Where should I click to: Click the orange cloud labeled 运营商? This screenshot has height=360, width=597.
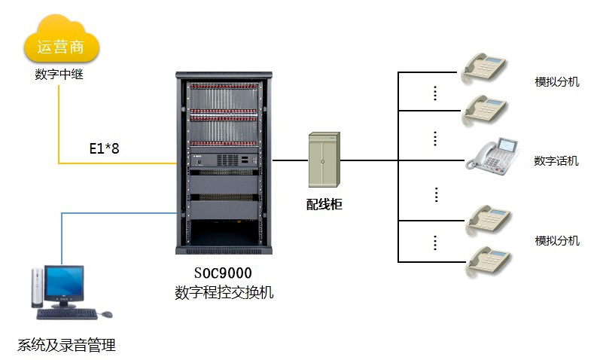click(62, 45)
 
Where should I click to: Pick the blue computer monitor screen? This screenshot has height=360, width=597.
click(64, 285)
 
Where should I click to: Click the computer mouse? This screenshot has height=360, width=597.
click(106, 313)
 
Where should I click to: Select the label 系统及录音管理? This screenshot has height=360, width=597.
click(66, 346)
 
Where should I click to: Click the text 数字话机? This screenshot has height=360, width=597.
click(556, 160)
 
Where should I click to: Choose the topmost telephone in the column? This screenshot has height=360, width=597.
click(486, 66)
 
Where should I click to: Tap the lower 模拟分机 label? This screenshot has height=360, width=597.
click(557, 240)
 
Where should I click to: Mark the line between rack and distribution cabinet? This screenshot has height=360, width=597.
click(290, 160)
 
